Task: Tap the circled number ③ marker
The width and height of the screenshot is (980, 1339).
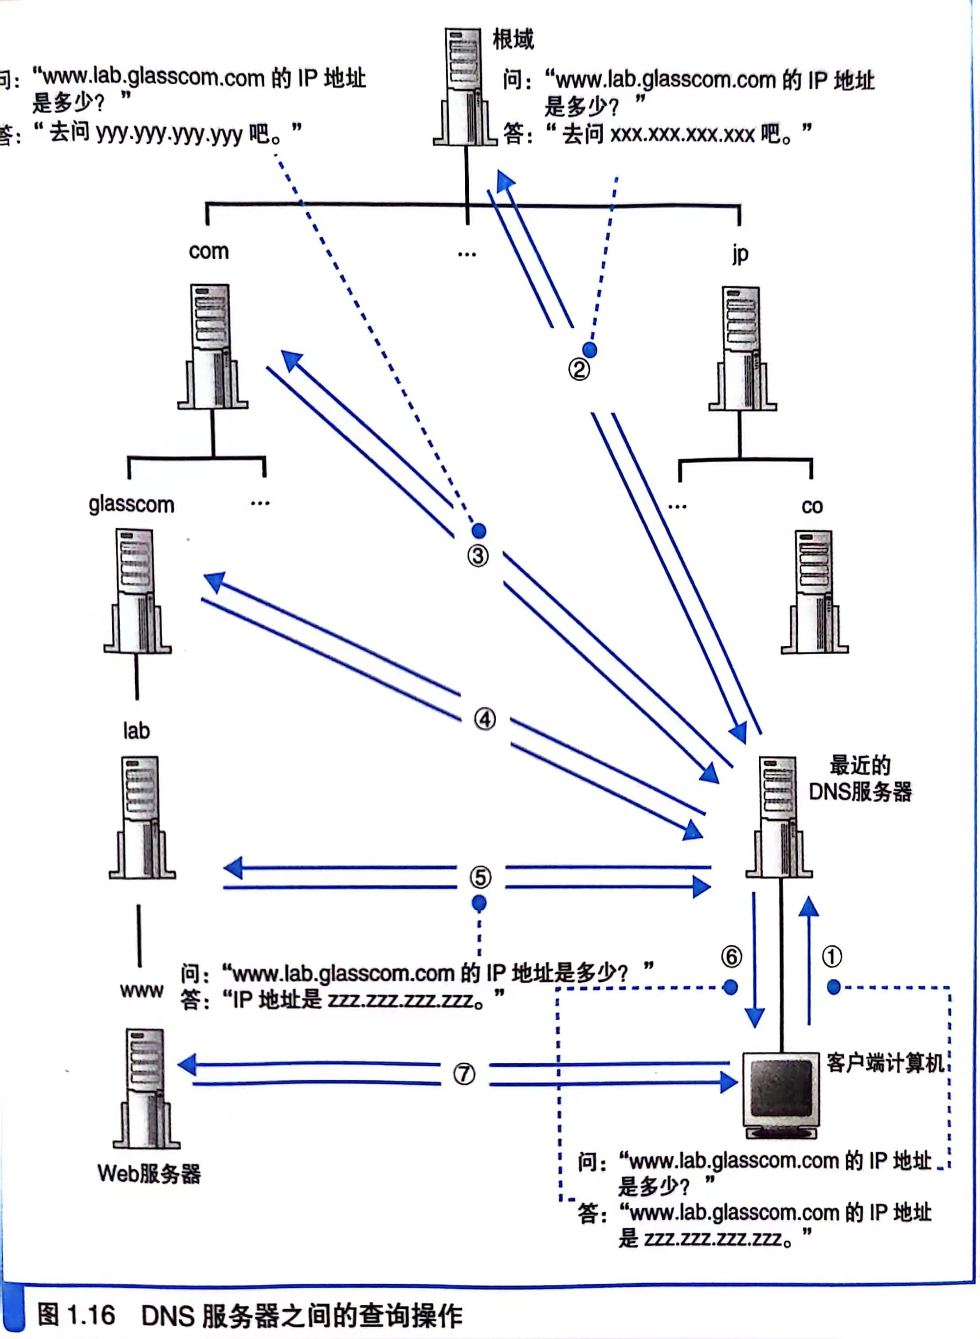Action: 478,556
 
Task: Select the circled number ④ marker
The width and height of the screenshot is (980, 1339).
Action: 485,719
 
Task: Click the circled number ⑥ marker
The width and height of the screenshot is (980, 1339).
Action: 731,956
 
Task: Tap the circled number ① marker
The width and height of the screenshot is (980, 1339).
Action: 832,956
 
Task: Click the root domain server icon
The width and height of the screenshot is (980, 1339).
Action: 464,86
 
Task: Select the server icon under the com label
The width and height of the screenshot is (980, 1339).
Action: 212,347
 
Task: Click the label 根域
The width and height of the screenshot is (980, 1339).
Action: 513,40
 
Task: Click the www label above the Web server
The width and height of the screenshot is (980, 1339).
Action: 141,990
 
